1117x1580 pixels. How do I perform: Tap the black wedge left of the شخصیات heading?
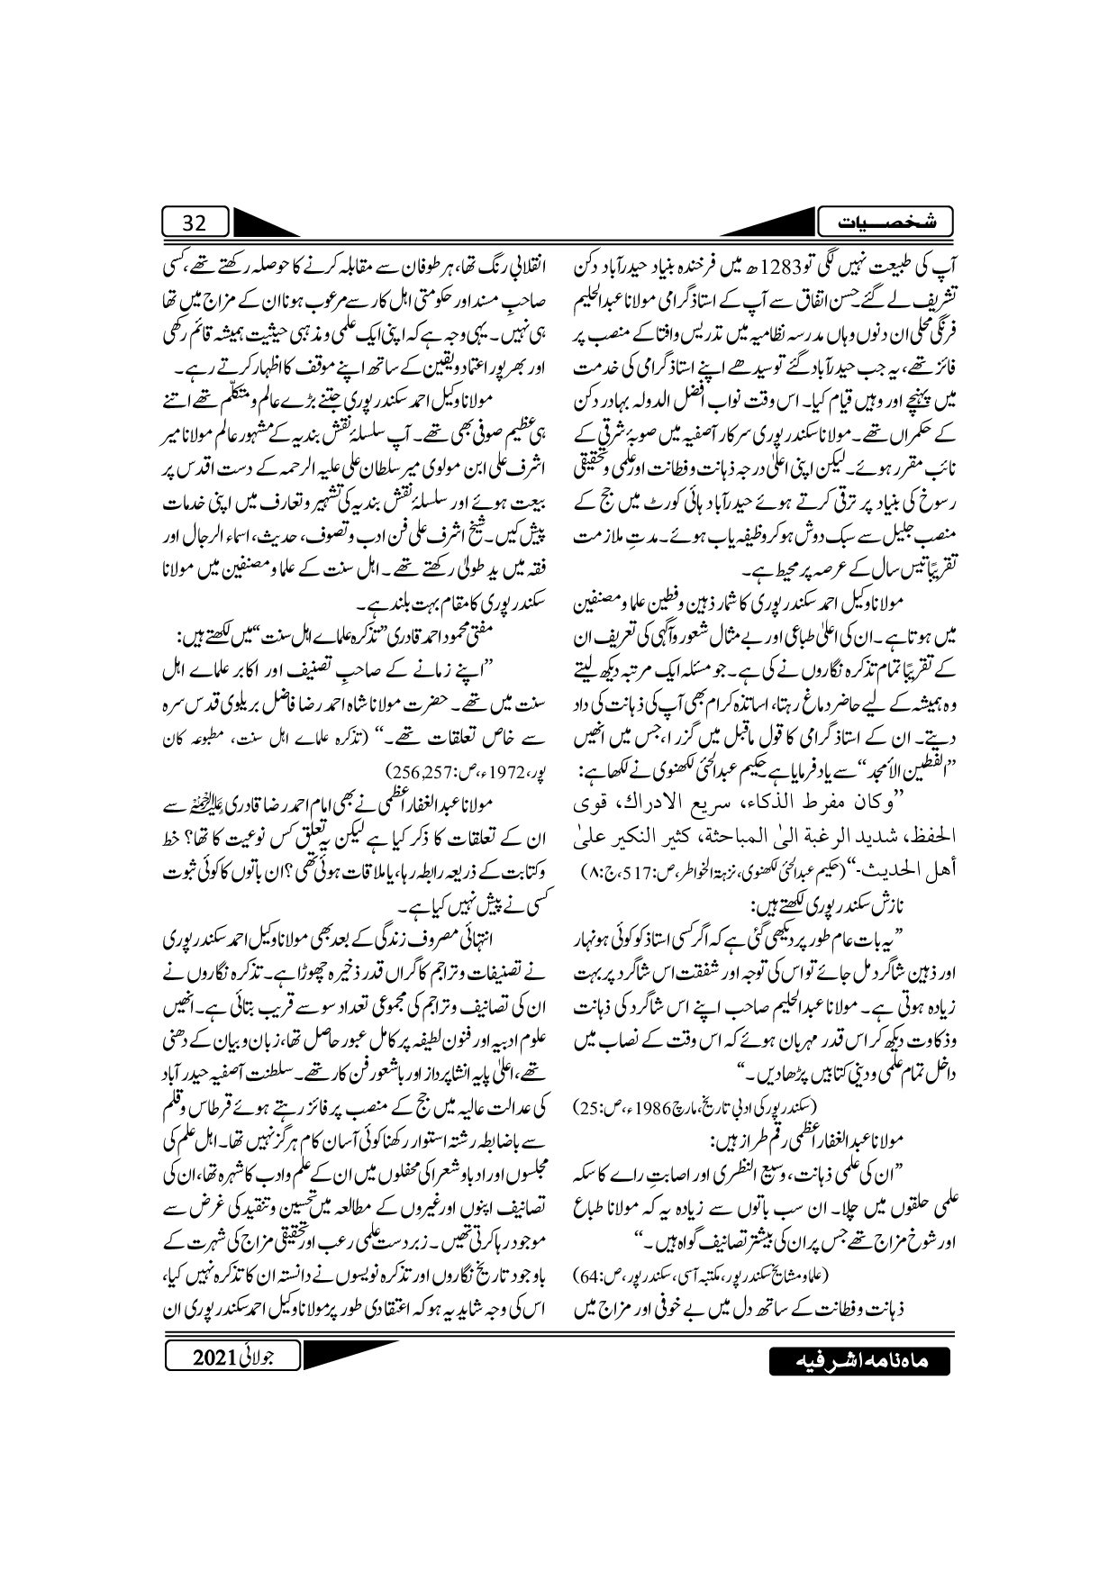point(784,221)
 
